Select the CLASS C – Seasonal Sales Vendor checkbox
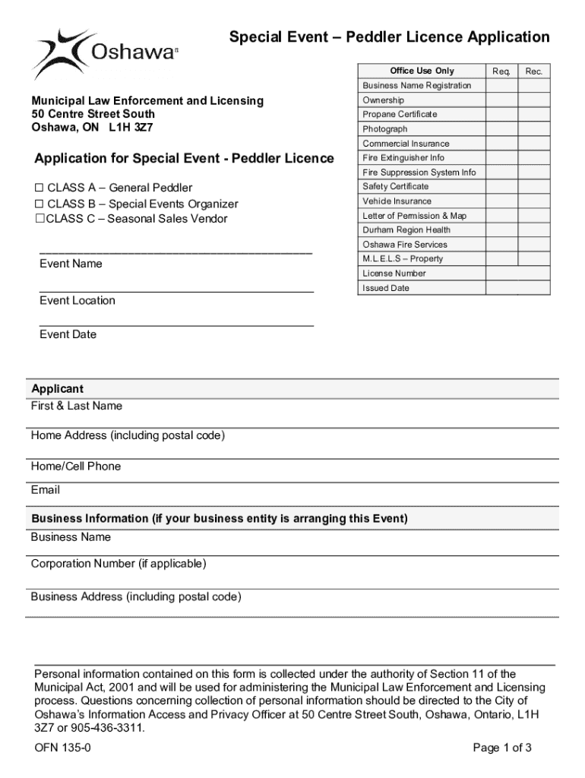39,219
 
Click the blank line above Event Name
175,251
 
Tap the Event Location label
77,300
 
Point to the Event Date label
68,334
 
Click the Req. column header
501,71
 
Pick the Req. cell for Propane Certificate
501,114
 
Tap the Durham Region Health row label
406,229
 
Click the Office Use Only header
422,71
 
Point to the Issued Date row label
386,288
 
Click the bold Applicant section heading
58,389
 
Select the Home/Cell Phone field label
76,466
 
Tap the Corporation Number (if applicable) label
119,563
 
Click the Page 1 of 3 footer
501,748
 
